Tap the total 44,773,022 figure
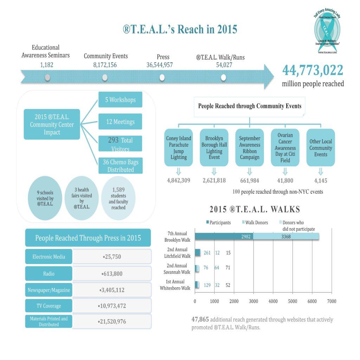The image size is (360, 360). pyautogui.click(x=313, y=71)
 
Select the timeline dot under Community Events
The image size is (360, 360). pyautogui.click(x=105, y=78)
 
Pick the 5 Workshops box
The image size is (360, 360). pyautogui.click(x=120, y=100)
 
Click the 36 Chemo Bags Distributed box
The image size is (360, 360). pyautogui.click(x=120, y=166)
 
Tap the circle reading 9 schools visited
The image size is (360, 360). pyautogui.click(x=45, y=198)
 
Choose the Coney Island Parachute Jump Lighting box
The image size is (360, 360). pyautogui.click(x=179, y=148)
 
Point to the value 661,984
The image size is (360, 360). pyautogui.click(x=250, y=181)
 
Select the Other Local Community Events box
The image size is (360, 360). pyautogui.click(x=321, y=148)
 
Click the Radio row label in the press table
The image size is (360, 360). pyautogui.click(x=49, y=274)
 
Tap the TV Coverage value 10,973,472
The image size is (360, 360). pyautogui.click(x=112, y=306)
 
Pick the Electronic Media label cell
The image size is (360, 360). pyautogui.click(x=49, y=257)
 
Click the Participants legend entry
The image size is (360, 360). pyautogui.click(x=219, y=223)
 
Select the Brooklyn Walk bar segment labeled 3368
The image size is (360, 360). pyautogui.click(x=286, y=237)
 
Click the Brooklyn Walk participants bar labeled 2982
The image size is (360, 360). pyautogui.click(x=224, y=237)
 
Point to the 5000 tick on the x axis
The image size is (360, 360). pyautogui.click(x=292, y=301)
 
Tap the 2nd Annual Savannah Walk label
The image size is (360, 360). pyautogui.click(x=177, y=269)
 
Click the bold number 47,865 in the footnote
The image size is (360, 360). pyautogui.click(x=200, y=320)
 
